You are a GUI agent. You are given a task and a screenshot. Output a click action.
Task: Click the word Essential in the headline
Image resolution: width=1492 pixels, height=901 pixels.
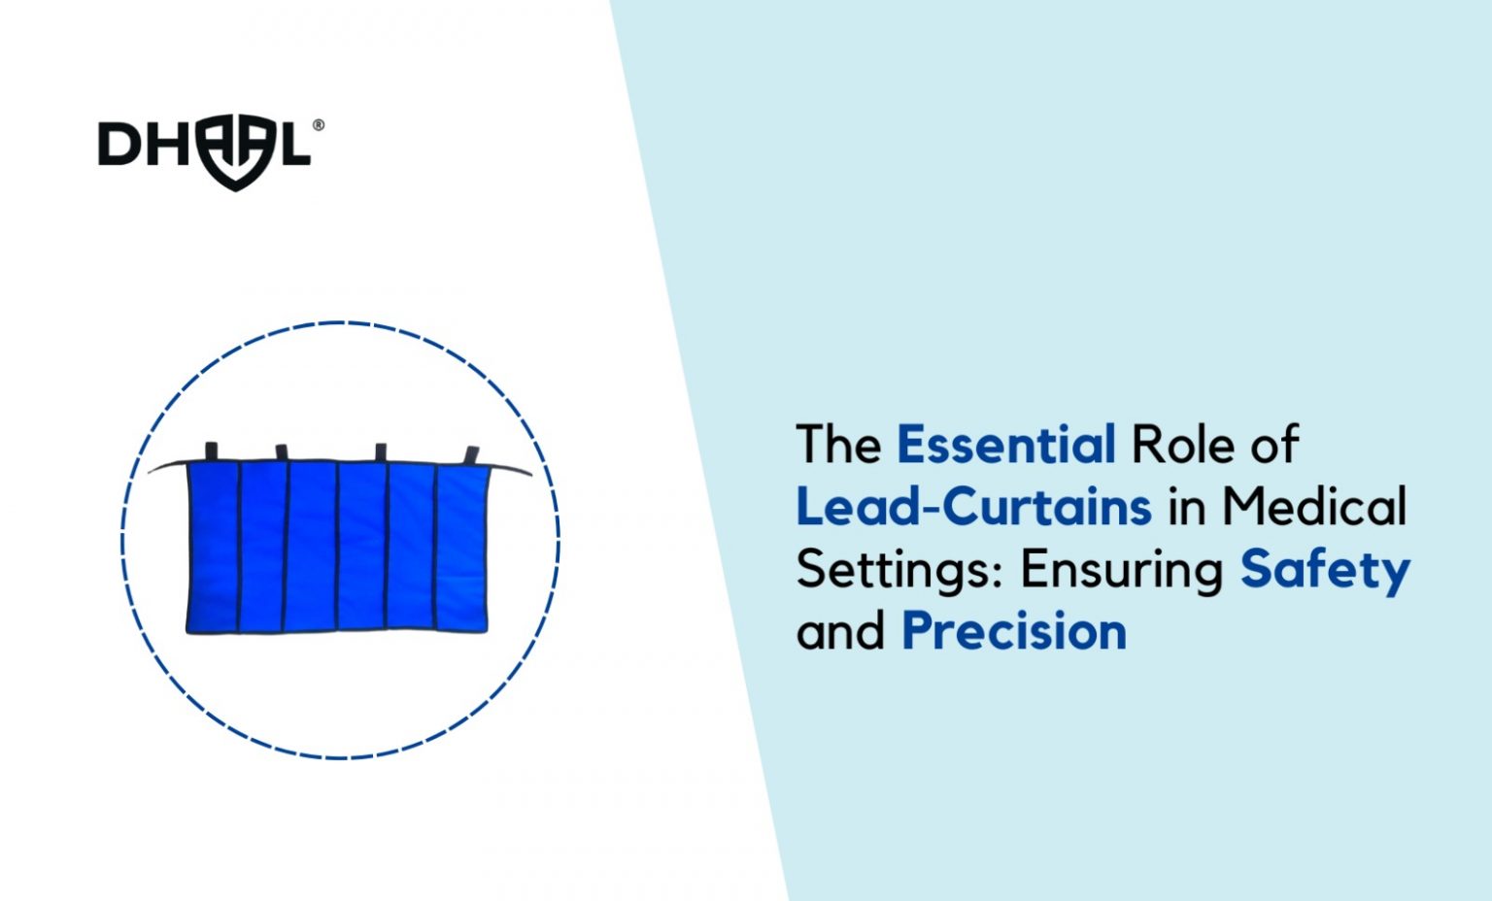[x=1005, y=445]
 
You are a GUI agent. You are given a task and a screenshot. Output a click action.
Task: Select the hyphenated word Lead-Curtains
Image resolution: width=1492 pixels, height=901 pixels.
[x=973, y=507]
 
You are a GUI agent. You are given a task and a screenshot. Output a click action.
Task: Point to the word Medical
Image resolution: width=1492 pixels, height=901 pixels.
[x=1313, y=507]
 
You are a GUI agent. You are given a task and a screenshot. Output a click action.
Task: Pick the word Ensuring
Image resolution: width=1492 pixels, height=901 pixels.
[x=1121, y=570]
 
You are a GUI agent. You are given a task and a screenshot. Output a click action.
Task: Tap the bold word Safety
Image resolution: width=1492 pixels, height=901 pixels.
[x=1324, y=570]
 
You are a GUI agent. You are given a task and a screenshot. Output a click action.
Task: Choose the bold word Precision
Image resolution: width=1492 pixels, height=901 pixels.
[x=1014, y=631]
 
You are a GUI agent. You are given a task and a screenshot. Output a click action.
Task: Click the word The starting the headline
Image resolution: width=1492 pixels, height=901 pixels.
[x=838, y=445]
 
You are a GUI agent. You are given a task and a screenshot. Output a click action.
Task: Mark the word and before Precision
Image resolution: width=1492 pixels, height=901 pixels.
[x=841, y=631]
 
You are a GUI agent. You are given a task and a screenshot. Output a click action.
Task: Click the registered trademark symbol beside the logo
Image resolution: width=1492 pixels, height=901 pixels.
[x=319, y=125]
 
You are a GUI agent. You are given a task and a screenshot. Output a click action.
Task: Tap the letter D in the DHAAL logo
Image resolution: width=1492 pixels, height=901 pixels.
[x=120, y=144]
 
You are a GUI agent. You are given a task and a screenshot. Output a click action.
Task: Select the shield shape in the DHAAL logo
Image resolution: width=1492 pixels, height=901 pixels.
[x=234, y=153]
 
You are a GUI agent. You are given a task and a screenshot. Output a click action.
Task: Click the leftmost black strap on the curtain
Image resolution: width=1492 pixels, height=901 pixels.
[x=211, y=451]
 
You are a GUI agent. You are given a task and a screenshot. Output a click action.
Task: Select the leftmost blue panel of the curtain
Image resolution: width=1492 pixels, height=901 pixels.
[x=213, y=549]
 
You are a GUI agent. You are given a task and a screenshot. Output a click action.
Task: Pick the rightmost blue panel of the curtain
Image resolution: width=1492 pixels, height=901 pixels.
[x=461, y=550]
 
